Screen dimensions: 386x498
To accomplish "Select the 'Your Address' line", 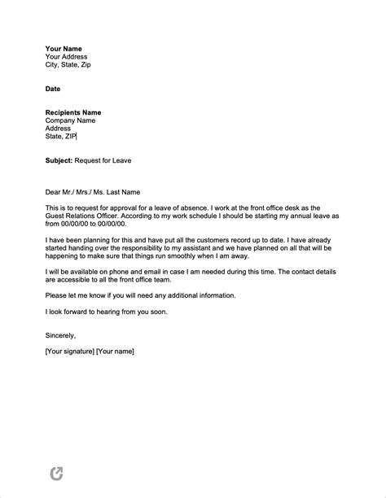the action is (66, 56).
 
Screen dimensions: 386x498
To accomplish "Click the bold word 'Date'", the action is (52, 88).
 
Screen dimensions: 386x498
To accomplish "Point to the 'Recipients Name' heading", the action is (73, 112).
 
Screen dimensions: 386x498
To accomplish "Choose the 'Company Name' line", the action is (70, 120).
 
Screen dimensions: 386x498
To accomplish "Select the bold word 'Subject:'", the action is (59, 160).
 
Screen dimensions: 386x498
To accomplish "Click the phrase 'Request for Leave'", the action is (103, 160).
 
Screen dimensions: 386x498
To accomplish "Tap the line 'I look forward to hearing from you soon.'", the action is (108, 312).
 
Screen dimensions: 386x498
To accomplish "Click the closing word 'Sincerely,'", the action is (60, 334).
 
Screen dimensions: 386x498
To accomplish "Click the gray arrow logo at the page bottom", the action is (56, 473).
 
